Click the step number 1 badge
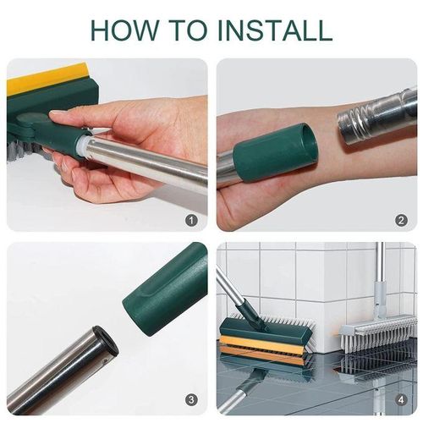pos(191,221)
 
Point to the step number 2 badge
pos(401,221)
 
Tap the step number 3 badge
pos(191,399)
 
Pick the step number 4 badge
pos(401,399)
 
